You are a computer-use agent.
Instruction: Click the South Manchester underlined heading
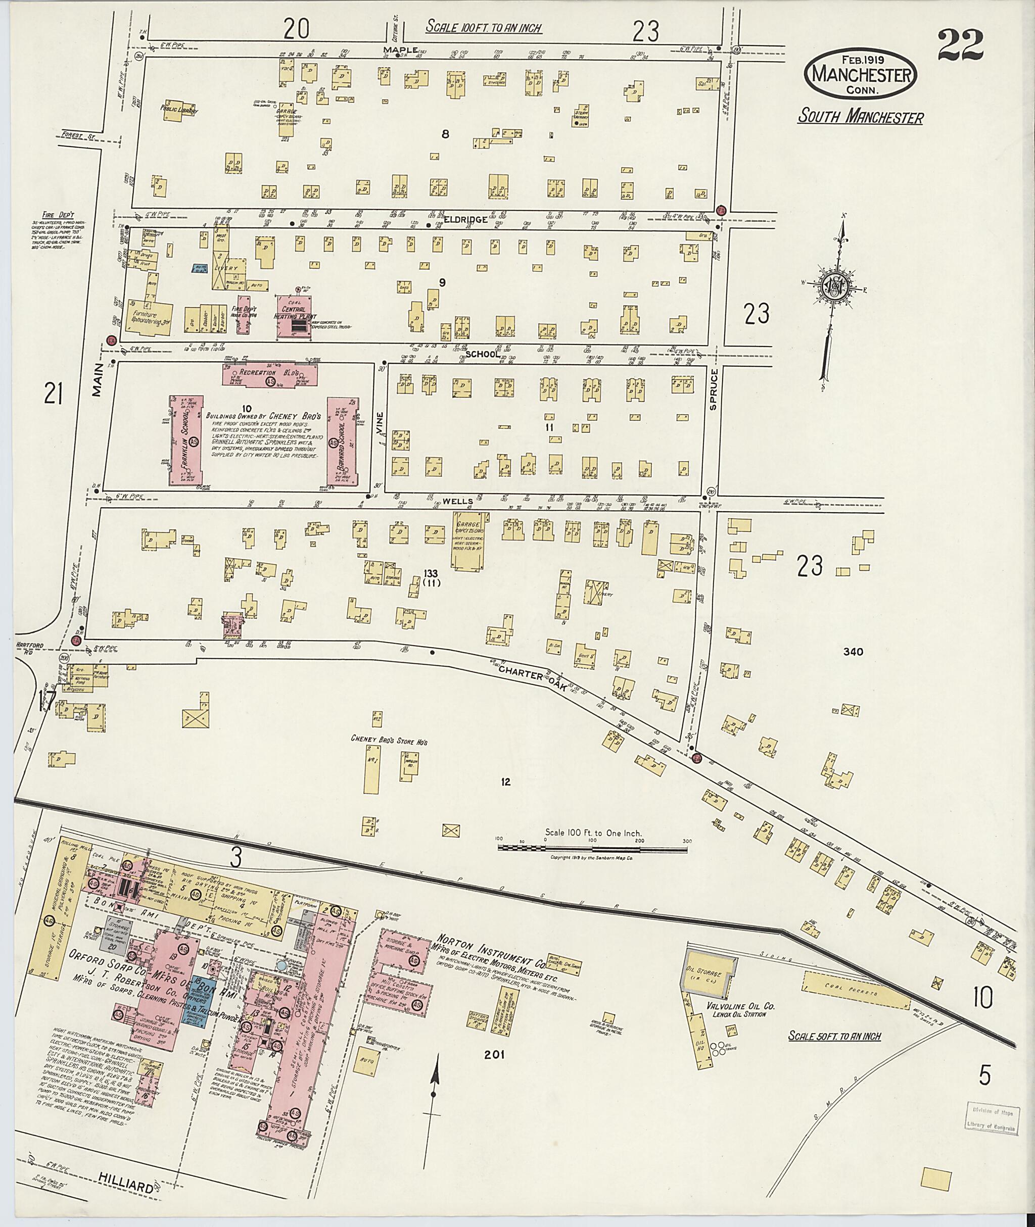pyautogui.click(x=860, y=117)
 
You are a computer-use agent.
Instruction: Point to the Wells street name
pyautogui.click(x=455, y=502)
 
